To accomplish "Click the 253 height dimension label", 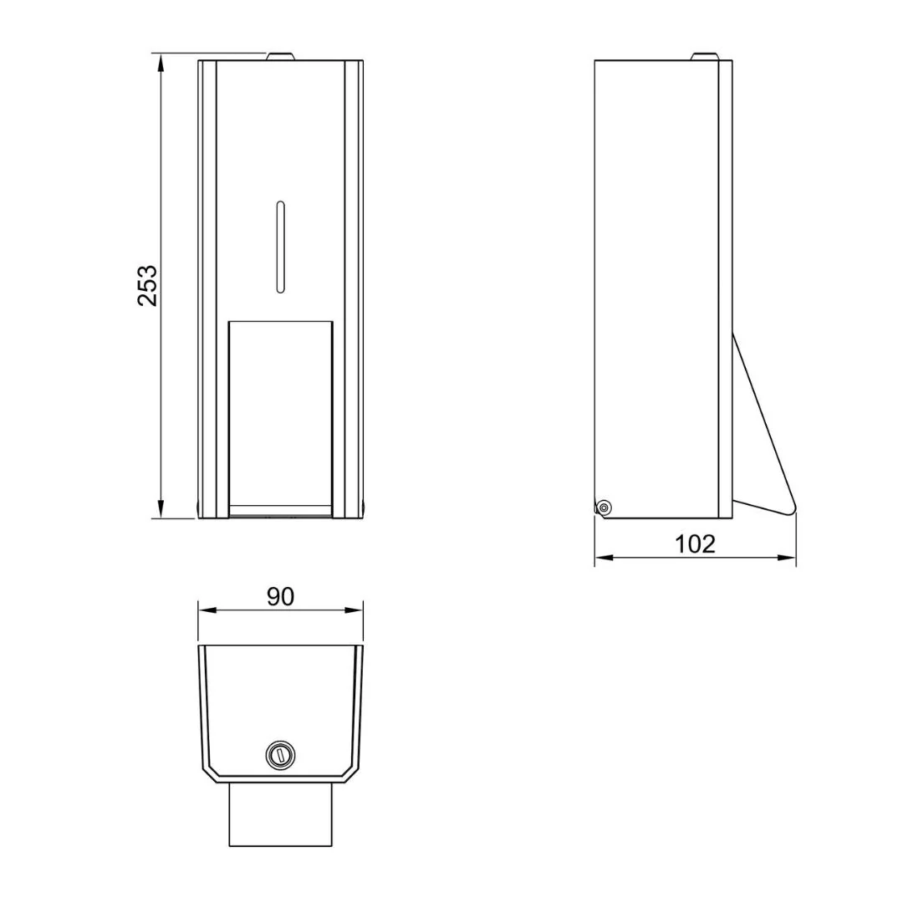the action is click(x=147, y=285).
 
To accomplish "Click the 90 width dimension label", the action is click(x=280, y=597).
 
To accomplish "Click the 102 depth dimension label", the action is click(x=695, y=543).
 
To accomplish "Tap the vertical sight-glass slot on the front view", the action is click(x=280, y=247).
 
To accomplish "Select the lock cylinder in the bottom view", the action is click(x=280, y=754).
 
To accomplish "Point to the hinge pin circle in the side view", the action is click(x=604, y=508).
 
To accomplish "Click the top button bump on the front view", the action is click(x=280, y=57).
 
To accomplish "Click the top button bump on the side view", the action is click(x=705, y=57).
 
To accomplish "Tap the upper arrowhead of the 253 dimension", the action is click(x=161, y=63).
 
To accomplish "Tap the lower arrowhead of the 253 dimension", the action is click(x=161, y=509).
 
